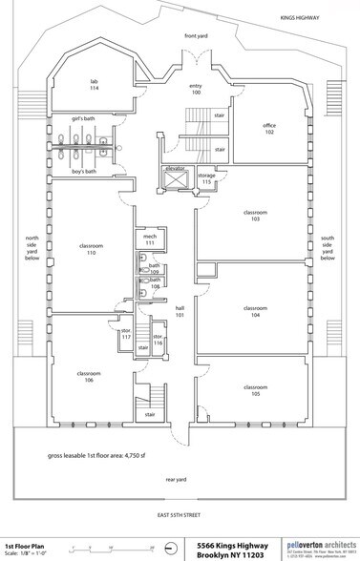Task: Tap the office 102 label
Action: [268, 129]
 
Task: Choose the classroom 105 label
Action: [255, 389]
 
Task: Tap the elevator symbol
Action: [174, 180]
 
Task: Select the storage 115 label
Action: [206, 179]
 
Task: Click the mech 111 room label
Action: [150, 239]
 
